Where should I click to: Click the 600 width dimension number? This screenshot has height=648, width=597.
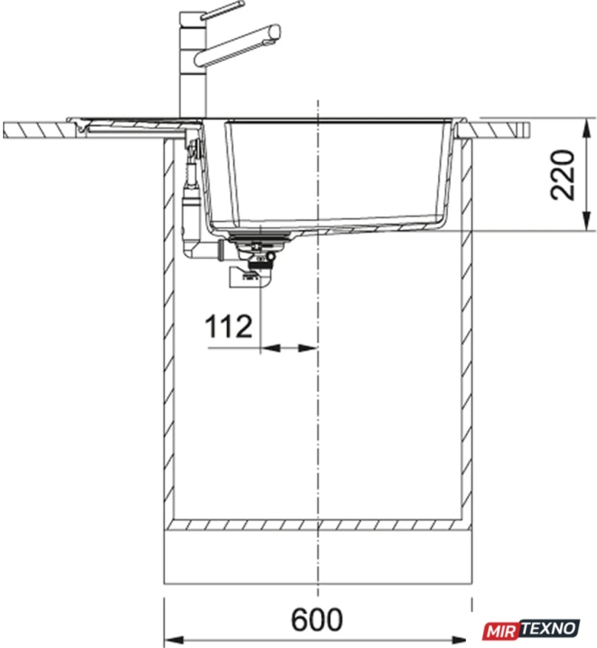pos(316,619)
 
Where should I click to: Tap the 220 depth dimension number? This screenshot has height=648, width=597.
pos(563,175)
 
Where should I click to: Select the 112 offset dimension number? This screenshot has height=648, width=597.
pos(229,326)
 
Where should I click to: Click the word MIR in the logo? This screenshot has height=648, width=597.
pos(501,631)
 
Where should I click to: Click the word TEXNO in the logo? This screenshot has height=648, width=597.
pos(548,629)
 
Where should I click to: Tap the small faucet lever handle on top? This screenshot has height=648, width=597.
pos(222,10)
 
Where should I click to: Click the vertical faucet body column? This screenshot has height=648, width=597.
pos(192,64)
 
